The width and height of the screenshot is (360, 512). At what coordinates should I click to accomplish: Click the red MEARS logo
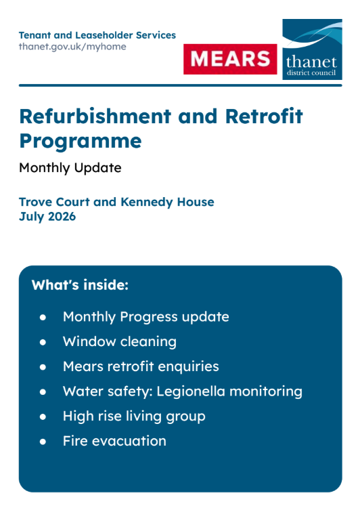(x=230, y=59)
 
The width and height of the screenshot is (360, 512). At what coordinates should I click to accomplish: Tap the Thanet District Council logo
(x=312, y=49)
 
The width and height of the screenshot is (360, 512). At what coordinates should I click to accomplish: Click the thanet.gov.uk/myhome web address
(x=72, y=47)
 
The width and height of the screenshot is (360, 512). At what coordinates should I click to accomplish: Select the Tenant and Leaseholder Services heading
(x=97, y=35)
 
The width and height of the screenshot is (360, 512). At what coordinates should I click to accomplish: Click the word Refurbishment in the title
(x=95, y=116)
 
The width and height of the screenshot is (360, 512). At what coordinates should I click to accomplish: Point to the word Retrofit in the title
(x=264, y=116)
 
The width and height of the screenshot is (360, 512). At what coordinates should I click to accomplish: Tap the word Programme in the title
(x=81, y=142)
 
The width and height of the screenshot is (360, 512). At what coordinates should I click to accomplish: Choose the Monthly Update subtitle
(x=70, y=168)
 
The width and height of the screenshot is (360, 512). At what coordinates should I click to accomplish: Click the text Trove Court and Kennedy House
(x=116, y=202)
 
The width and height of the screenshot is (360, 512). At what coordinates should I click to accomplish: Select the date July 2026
(x=47, y=217)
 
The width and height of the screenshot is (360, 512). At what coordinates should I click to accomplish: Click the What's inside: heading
(x=80, y=285)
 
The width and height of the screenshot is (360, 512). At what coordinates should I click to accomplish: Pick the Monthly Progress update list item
(x=146, y=317)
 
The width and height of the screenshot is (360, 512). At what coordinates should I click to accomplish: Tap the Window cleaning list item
(x=120, y=342)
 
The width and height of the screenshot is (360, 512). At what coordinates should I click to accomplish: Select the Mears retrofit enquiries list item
(x=141, y=366)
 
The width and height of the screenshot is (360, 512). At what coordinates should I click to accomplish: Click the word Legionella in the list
(x=191, y=391)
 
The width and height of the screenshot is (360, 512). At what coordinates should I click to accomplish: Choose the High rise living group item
(x=134, y=417)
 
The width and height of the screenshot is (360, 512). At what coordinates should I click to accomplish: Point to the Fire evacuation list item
(x=114, y=441)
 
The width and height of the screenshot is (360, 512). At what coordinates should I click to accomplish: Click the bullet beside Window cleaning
(x=43, y=342)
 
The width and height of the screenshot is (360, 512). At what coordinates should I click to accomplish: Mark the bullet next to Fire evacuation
(x=43, y=442)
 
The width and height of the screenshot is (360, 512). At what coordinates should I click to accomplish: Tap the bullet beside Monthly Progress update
(x=43, y=318)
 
